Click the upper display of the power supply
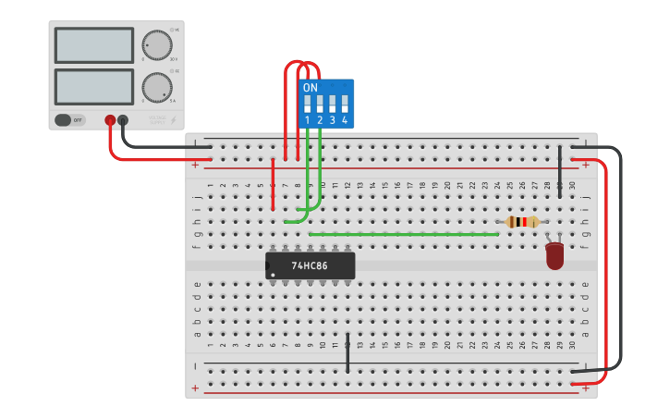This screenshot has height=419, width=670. click(93, 44)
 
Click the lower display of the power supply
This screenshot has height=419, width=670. click(93, 87)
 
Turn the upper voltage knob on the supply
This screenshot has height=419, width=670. click(157, 45)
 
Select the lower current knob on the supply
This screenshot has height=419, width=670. click(157, 88)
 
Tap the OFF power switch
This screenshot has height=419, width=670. click(69, 119)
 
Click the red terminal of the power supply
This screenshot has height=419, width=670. click(110, 119)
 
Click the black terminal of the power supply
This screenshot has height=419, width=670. click(123, 119)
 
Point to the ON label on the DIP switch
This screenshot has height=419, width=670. click(311, 88)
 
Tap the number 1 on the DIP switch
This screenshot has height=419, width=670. click(308, 121)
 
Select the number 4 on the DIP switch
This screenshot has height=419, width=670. click(345, 121)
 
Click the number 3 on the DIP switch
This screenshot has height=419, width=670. click(333, 121)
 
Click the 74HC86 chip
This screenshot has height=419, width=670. click(311, 265)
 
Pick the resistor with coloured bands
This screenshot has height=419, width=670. click(523, 222)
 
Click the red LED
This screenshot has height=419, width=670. click(554, 255)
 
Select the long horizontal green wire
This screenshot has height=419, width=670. click(404, 234)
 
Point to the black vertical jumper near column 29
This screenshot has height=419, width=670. click(560, 172)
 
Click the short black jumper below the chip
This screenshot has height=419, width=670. click(347, 353)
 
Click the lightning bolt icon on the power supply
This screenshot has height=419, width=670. click(173, 120)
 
